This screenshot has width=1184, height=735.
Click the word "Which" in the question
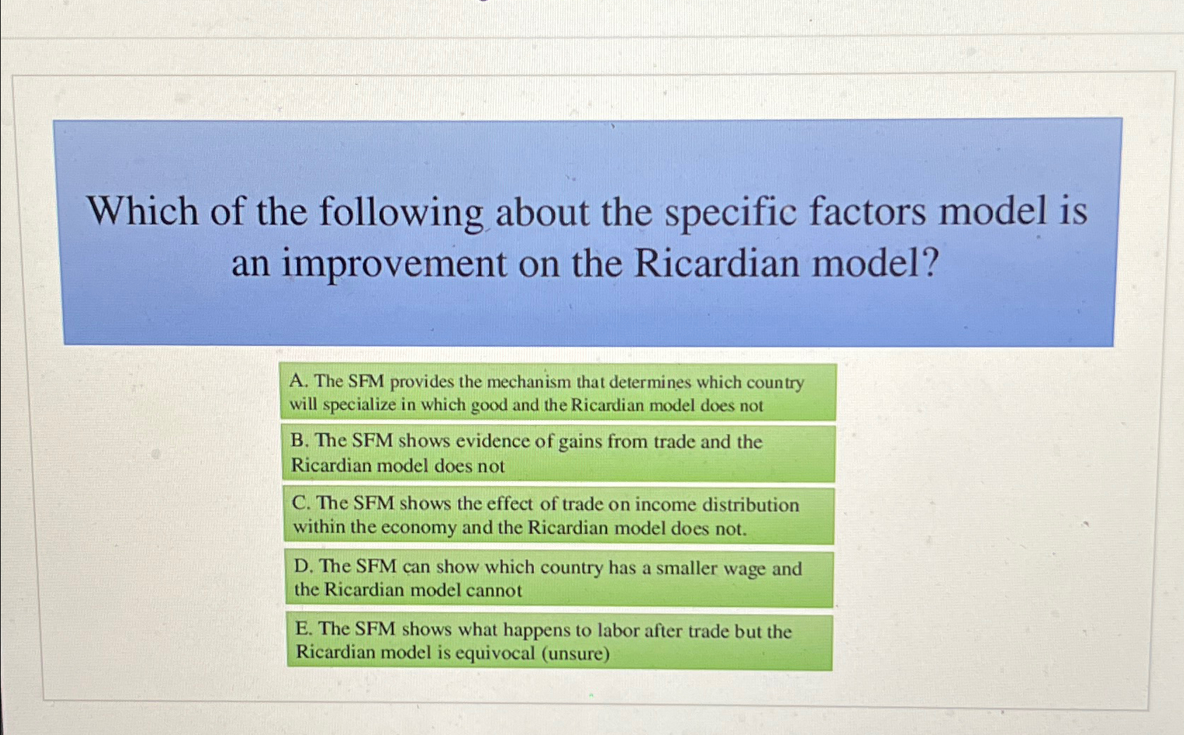pyautogui.click(x=143, y=212)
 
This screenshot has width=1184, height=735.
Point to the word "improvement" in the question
pyautogui.click(x=394, y=265)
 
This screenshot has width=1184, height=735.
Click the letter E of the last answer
pyautogui.click(x=303, y=628)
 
